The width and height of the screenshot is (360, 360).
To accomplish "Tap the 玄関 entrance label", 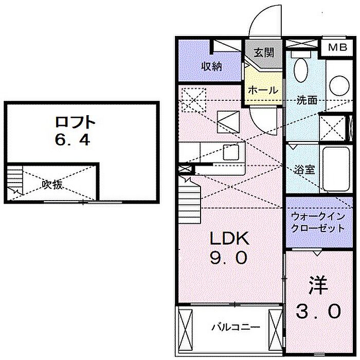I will coord(263,52).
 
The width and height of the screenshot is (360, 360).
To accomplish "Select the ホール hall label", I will coord(263,89).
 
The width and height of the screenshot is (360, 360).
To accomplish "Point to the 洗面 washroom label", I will coord(307,100).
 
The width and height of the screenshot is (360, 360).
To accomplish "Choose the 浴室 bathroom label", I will coord(304,170).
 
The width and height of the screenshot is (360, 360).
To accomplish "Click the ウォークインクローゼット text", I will coord(317,222).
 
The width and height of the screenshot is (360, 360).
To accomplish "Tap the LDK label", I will coord(230,238).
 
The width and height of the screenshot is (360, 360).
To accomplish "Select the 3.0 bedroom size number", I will coord(318,310).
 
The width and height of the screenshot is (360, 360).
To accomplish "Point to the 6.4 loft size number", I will coord(75,139).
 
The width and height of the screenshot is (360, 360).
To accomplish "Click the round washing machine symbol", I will coord(339,85).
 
